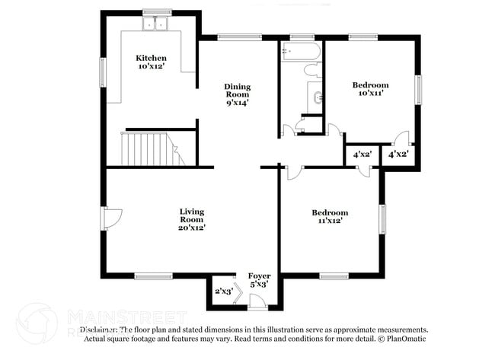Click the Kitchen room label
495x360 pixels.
tap(151, 58)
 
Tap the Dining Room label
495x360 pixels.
tap(238, 92)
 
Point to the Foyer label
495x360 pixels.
tap(259, 276)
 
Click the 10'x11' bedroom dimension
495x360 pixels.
tap(370, 94)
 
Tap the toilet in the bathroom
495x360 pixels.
tap(311, 70)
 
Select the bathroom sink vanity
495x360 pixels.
tap(316, 97)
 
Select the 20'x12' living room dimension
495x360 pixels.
tap(192, 226)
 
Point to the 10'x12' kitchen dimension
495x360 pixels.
tap(151, 67)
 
